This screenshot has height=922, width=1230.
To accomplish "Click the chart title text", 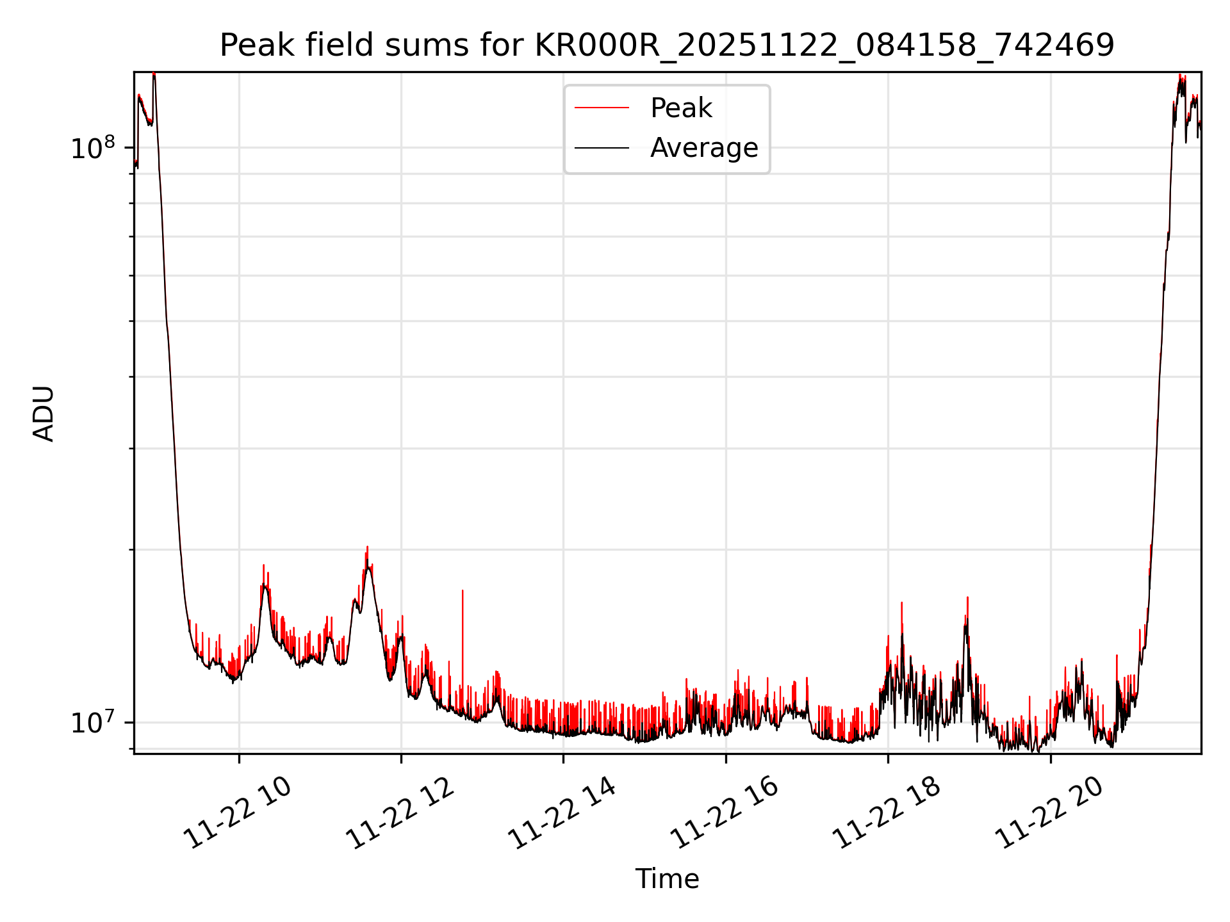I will click(667, 45).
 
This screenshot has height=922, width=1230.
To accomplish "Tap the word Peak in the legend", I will click(680, 108).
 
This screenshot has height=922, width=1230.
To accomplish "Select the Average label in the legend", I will click(703, 148).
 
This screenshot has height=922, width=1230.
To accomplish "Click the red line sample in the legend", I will click(601, 108).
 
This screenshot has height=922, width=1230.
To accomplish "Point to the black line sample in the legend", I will click(601, 148).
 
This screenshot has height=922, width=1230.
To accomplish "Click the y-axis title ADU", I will click(44, 414).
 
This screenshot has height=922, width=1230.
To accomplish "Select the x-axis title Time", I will click(667, 878).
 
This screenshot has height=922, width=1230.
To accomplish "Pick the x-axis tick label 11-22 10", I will click(238, 813).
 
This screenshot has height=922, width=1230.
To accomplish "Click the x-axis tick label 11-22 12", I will click(400, 813).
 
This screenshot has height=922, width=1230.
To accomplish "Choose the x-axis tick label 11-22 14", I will click(562, 813).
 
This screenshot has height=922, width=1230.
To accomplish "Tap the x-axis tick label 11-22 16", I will click(725, 813).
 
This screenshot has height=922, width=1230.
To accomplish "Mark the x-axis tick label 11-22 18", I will click(887, 813).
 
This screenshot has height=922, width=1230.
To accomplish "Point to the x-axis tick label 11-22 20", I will click(1049, 813).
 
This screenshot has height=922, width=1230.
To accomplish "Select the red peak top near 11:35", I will click(367, 547).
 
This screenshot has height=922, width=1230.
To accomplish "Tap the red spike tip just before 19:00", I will click(967, 598).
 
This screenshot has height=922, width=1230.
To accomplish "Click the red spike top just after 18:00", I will click(901, 603).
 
